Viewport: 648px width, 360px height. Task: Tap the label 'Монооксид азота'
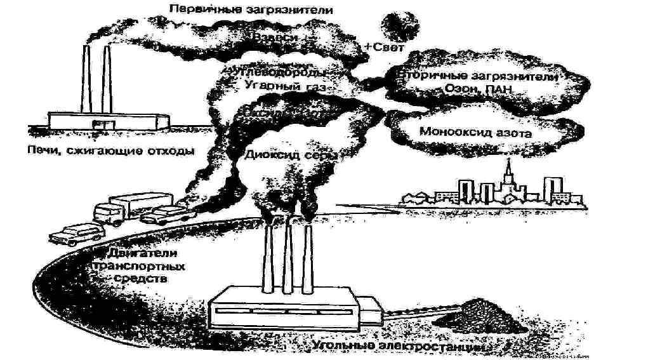point(475,133)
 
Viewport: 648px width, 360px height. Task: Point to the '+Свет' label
point(381,47)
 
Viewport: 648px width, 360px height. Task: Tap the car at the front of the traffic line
point(76,234)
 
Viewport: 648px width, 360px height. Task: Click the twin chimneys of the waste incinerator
point(95,79)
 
